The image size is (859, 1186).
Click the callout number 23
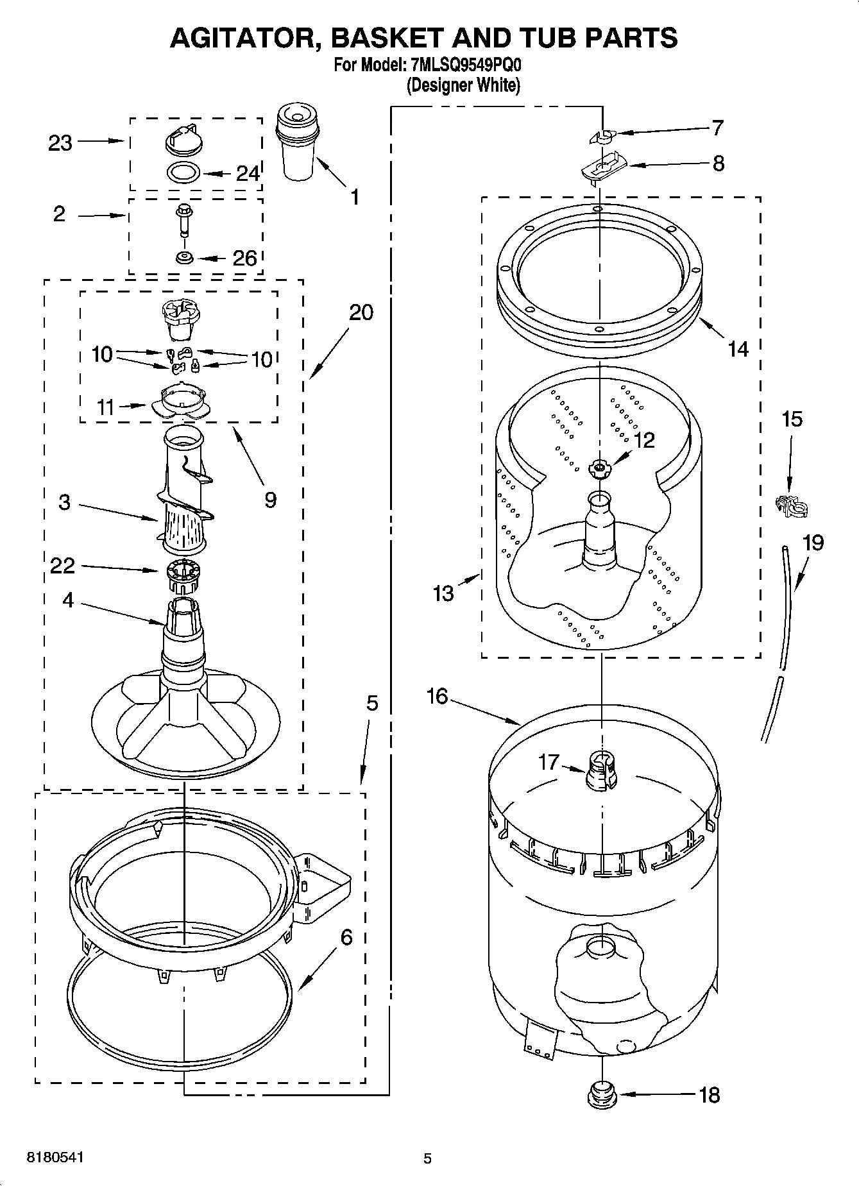[x=60, y=143]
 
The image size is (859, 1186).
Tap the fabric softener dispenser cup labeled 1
[x=297, y=144]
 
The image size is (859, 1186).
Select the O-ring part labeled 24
[x=183, y=173]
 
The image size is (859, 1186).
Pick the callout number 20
[x=361, y=313]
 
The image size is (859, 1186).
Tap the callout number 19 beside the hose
[x=812, y=543]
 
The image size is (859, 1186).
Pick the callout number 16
[x=437, y=696]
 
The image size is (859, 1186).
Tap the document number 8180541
[x=55, y=1157]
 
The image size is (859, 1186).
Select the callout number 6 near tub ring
[x=346, y=938]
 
